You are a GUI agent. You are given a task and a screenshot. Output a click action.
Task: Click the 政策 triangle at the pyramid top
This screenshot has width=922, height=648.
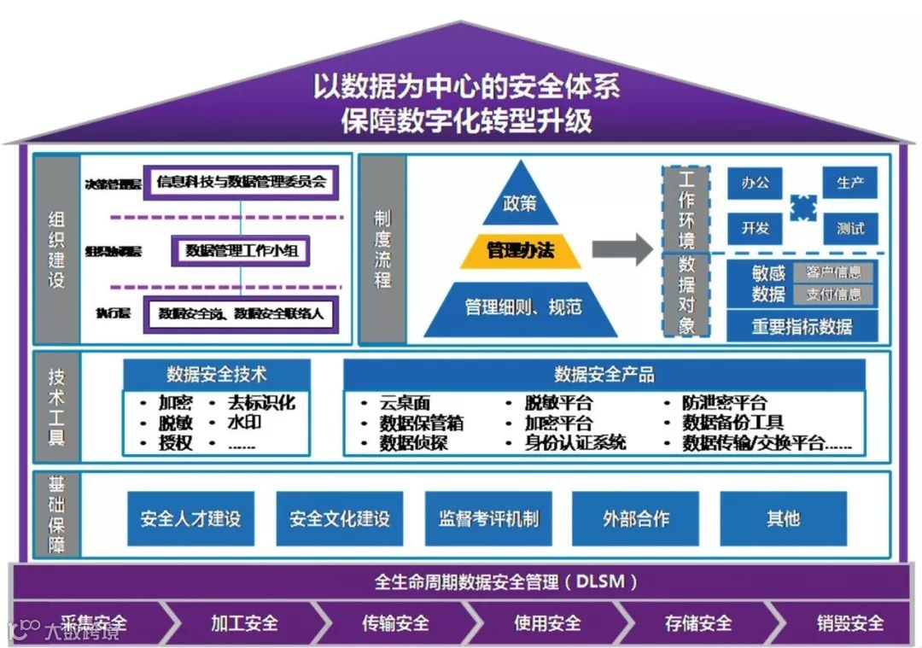pyautogui.click(x=521, y=202)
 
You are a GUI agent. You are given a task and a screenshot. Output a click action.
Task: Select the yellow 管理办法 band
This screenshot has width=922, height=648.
pyautogui.click(x=521, y=250)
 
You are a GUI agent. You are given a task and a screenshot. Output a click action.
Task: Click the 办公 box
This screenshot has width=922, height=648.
pyautogui.click(x=756, y=183)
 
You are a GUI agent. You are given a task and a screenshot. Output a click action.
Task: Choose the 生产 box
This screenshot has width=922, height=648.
pyautogui.click(x=850, y=183)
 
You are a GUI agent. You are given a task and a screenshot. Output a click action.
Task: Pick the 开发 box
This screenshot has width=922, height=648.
pyautogui.click(x=756, y=228)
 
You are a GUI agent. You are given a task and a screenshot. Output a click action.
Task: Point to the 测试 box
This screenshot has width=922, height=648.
pyautogui.click(x=850, y=228)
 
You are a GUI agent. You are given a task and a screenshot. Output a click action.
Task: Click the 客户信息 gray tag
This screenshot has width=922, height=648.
pyautogui.click(x=833, y=273)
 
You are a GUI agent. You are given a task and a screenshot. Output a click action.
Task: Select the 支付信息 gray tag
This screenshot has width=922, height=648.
pyautogui.click(x=833, y=295)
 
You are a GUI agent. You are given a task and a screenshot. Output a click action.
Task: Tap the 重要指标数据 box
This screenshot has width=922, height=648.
pyautogui.click(x=802, y=325)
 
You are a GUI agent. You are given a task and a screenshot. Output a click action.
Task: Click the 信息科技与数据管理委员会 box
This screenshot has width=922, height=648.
pyautogui.click(x=241, y=181)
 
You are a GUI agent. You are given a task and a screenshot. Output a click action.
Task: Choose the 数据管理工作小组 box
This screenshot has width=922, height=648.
pyautogui.click(x=240, y=250)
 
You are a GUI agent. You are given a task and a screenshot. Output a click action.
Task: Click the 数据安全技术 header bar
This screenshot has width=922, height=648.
pyautogui.click(x=217, y=374)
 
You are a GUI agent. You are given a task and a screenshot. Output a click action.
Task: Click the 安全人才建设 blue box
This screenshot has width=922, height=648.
pyautogui.click(x=190, y=518)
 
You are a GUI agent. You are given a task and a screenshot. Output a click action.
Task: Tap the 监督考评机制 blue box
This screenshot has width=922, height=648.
pyautogui.click(x=488, y=518)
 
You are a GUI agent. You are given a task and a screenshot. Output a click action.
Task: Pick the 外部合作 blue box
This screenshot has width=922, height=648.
pyautogui.click(x=636, y=518)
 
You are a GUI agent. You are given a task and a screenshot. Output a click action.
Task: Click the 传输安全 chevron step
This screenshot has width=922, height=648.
pyautogui.click(x=394, y=623)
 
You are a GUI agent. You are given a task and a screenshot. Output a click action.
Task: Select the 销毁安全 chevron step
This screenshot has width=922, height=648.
pyautogui.click(x=849, y=623)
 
